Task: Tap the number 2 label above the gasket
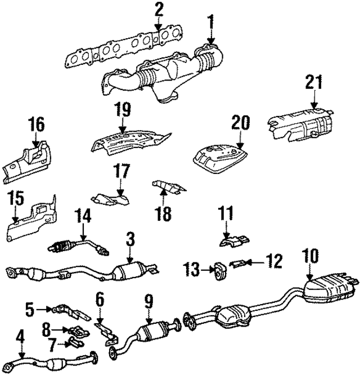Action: click(x=159, y=9)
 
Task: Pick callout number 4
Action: click(x=21, y=338)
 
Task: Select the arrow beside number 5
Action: click(x=44, y=309)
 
